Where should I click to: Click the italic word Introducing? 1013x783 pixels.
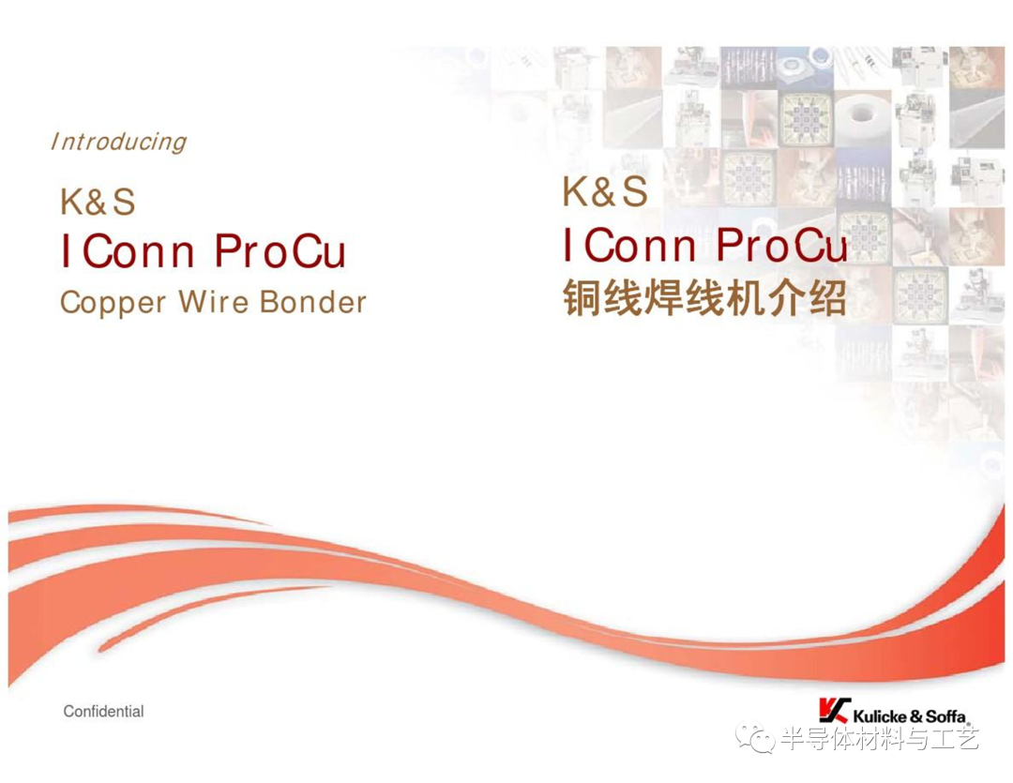[x=119, y=143]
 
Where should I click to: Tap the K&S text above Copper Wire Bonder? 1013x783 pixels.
[x=98, y=202]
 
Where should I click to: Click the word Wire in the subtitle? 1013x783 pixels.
[x=213, y=301]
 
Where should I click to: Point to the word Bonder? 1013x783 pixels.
[x=313, y=302]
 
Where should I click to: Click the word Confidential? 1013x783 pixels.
[x=103, y=712]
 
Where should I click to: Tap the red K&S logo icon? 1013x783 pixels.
[x=834, y=710]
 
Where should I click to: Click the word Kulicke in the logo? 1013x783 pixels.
[x=880, y=716]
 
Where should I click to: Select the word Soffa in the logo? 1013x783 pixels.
[x=945, y=716]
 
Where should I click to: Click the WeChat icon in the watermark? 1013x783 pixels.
[x=754, y=737]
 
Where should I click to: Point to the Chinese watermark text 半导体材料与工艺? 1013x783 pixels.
[x=880, y=738]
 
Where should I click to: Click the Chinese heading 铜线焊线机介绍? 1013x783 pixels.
[x=704, y=298]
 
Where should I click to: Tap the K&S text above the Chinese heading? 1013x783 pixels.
[x=605, y=191]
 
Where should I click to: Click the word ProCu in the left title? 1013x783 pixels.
[x=280, y=251]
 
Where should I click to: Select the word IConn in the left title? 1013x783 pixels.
[x=128, y=251]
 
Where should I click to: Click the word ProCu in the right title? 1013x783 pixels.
[x=781, y=245]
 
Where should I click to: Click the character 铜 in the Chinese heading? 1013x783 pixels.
[x=582, y=298]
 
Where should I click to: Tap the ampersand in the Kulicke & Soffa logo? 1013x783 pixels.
[x=916, y=716]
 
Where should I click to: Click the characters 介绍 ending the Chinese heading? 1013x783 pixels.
[x=808, y=298]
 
